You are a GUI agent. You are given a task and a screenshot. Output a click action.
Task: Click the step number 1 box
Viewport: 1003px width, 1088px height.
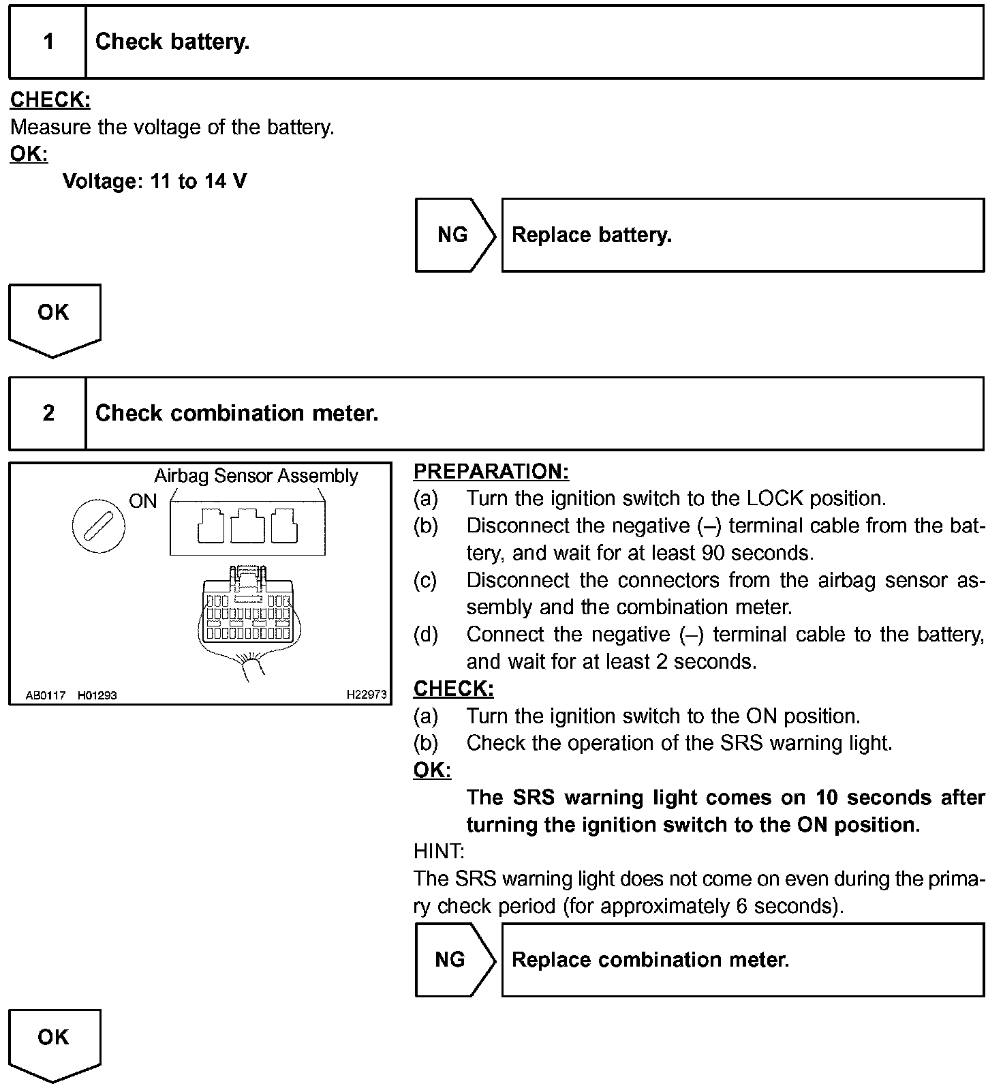(48, 42)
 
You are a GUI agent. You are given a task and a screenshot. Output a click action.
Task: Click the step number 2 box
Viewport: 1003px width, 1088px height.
(48, 414)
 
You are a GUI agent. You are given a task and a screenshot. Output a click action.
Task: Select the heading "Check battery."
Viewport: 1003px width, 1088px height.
(172, 42)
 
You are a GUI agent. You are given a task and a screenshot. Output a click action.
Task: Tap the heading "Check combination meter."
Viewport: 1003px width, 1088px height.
(236, 414)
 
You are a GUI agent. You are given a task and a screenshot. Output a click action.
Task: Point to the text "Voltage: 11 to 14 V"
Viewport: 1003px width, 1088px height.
(155, 181)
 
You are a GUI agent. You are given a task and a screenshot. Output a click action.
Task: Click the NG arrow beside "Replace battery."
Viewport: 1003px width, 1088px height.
(454, 235)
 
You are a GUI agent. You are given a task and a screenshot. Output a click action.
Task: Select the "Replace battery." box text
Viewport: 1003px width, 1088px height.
(591, 235)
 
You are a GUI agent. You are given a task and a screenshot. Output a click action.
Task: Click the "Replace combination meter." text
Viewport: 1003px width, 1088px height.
(650, 960)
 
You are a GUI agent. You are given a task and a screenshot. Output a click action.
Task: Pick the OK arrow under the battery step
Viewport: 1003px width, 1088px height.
(54, 318)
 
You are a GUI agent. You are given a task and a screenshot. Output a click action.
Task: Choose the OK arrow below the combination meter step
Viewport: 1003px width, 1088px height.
(54, 1042)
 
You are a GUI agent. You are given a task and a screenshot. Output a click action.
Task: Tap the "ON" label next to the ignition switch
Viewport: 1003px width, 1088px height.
(143, 502)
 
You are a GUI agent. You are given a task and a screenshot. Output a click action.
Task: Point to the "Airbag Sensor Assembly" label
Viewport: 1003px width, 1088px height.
(256, 476)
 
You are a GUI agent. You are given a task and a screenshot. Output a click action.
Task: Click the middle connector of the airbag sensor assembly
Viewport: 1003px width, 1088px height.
(248, 526)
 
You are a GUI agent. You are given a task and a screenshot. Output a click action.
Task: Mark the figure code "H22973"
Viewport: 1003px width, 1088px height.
(366, 695)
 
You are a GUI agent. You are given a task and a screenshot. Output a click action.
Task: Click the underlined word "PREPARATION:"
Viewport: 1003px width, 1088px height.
(491, 472)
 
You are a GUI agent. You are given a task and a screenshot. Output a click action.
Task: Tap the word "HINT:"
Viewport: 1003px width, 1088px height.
(439, 851)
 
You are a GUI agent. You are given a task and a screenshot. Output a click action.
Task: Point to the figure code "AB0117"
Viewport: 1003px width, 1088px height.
(46, 695)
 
